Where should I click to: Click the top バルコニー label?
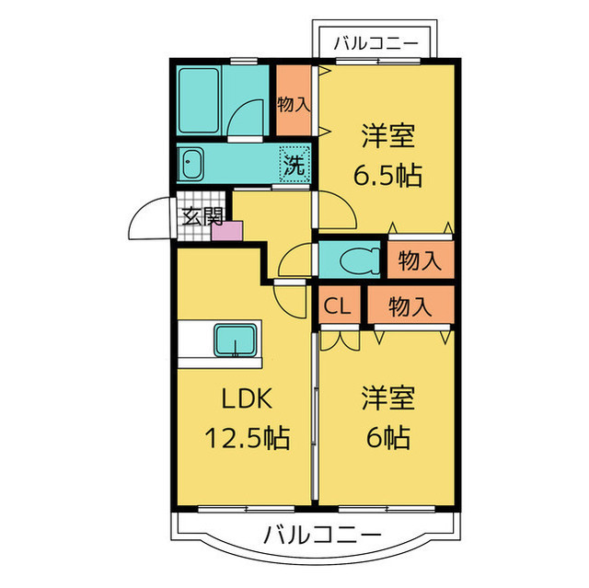[x=376, y=41]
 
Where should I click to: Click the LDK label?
[x=244, y=398]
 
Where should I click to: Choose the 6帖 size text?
[x=387, y=437]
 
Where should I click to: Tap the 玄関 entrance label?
[x=202, y=217]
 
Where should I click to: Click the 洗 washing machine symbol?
[x=294, y=166]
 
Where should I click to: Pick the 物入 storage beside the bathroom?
[x=294, y=104]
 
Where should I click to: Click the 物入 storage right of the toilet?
[x=420, y=260]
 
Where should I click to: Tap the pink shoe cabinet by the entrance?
[x=225, y=230]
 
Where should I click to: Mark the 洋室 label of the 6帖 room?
[x=387, y=398]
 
